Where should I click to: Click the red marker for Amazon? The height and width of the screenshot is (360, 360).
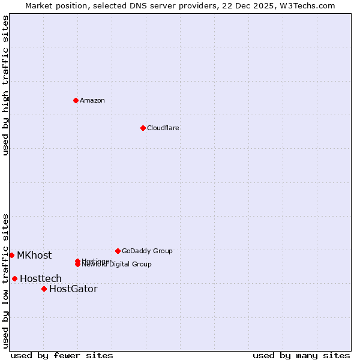tap(76, 100)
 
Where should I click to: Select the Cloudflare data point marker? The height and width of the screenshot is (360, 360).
tap(143, 128)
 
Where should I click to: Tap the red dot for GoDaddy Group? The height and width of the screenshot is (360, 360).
tap(118, 251)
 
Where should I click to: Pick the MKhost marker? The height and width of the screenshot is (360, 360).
tap(11, 255)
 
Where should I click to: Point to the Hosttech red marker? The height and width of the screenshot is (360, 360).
tap(14, 278)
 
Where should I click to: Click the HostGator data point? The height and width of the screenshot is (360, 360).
tap(44, 289)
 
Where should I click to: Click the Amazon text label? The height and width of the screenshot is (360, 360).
tap(92, 100)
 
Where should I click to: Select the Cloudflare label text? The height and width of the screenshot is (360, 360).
tap(163, 128)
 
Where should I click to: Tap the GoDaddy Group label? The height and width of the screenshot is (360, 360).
tap(147, 251)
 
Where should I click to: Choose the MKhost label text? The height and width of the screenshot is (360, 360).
tap(34, 255)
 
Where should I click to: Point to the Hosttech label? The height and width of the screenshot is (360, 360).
tap(41, 278)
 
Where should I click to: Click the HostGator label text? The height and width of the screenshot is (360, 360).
tap(73, 289)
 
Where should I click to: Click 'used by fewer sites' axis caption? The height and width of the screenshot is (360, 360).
tap(62, 355)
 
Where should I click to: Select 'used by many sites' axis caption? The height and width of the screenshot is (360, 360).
tap(301, 355)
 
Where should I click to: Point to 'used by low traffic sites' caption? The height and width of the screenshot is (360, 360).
tap(5, 281)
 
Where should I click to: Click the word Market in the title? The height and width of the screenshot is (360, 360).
tap(38, 5)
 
